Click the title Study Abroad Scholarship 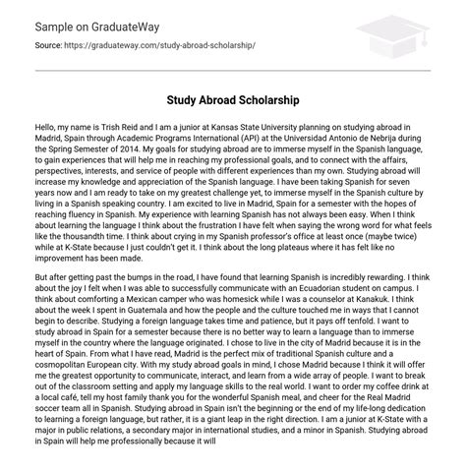click(233, 100)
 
